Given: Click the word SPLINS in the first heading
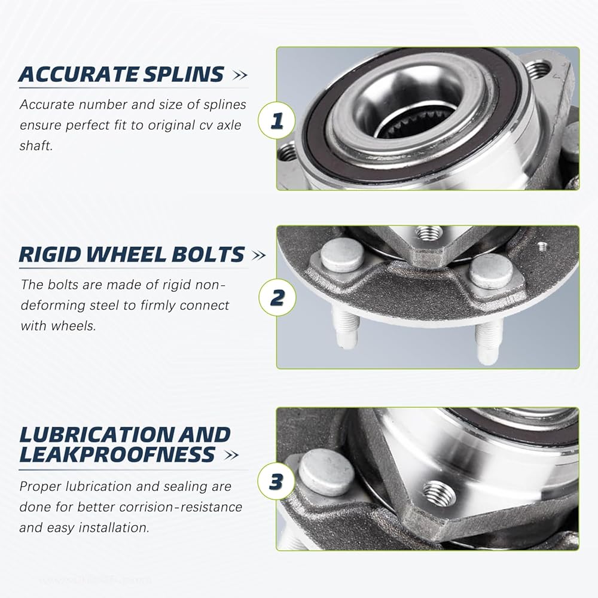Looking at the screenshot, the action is [x=184, y=74].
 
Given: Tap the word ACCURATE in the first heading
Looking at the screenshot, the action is [x=78, y=74].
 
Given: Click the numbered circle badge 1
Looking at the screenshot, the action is [x=277, y=121].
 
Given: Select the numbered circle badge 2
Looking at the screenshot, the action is [x=277, y=297].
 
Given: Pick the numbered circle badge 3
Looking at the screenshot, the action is [x=276, y=481].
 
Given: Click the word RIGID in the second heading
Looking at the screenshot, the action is [x=50, y=254].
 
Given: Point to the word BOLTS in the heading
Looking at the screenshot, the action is [x=208, y=254].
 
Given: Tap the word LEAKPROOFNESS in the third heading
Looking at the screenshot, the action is [x=117, y=454].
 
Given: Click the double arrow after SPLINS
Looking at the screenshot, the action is [x=240, y=75].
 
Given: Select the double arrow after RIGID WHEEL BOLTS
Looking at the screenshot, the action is [x=258, y=255].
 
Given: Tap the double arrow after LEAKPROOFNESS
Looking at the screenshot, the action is [x=231, y=455].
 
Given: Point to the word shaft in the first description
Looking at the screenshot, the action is [x=36, y=146].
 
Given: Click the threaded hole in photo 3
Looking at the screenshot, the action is [x=440, y=493].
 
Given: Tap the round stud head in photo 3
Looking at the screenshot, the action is [x=327, y=472].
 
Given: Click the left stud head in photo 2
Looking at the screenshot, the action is [x=342, y=255].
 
